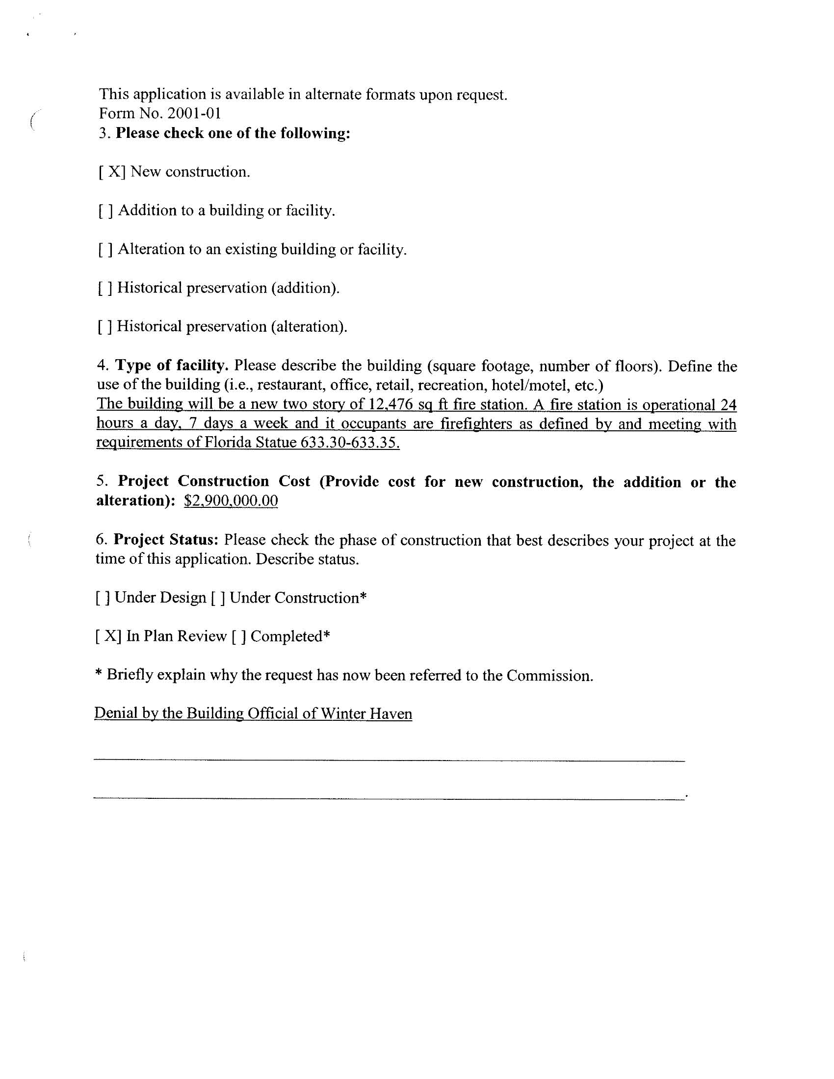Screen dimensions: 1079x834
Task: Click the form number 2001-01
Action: (194, 114)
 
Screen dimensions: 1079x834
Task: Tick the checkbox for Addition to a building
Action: (106, 211)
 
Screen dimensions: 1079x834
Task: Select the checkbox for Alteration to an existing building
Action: (106, 249)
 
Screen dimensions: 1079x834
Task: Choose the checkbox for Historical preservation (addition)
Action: (105, 288)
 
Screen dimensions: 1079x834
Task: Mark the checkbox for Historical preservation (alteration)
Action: (105, 327)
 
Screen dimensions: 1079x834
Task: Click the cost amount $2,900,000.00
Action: (231, 501)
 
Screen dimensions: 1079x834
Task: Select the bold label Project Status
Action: (166, 540)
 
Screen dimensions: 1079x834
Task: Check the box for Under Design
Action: (103, 598)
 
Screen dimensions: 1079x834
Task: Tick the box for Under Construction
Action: (218, 598)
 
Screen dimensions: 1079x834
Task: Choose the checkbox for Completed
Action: (238, 636)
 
